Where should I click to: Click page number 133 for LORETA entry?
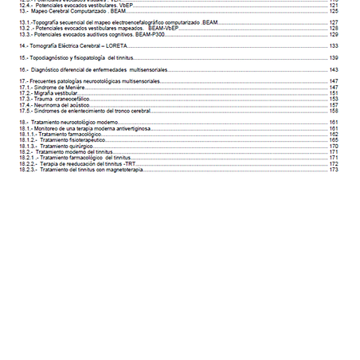[x=334, y=46]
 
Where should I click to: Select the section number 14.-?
[x=25, y=46]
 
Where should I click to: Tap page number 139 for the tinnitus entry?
[x=334, y=58]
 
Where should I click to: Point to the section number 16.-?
[x=25, y=70]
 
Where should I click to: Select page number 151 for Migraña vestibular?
[x=334, y=93]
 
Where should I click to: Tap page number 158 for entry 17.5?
[x=334, y=111]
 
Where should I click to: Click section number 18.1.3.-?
[x=29, y=147]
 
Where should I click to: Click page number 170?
[x=334, y=147]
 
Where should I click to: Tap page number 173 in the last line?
[x=334, y=170]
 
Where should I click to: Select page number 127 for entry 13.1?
[x=334, y=23]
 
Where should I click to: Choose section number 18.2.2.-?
[x=29, y=164]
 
